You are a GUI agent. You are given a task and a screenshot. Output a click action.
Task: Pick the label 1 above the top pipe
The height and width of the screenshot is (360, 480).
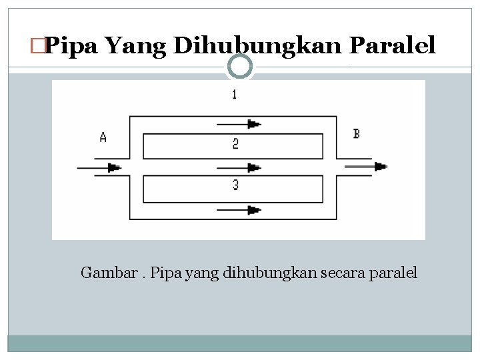[x=234, y=95]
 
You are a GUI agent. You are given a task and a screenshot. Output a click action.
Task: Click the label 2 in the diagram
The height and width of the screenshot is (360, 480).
[x=236, y=143]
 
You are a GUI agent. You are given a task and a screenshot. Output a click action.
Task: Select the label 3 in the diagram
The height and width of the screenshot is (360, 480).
[x=236, y=185]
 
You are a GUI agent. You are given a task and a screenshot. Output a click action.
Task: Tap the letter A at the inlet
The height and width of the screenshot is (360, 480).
[x=103, y=137]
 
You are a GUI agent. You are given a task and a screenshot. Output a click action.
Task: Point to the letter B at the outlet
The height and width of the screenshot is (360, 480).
[x=357, y=134]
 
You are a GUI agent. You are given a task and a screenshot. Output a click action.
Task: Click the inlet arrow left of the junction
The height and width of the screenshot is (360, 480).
[x=100, y=167]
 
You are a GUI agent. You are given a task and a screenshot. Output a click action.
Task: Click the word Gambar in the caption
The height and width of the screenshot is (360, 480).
[x=103, y=273]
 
